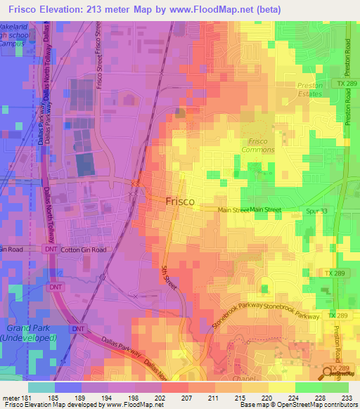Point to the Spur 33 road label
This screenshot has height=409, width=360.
pyautogui.click(x=318, y=210)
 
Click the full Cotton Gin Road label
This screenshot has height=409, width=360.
pyautogui.click(x=84, y=249)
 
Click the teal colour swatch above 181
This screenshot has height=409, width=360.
pyautogui.click(x=41, y=387)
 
